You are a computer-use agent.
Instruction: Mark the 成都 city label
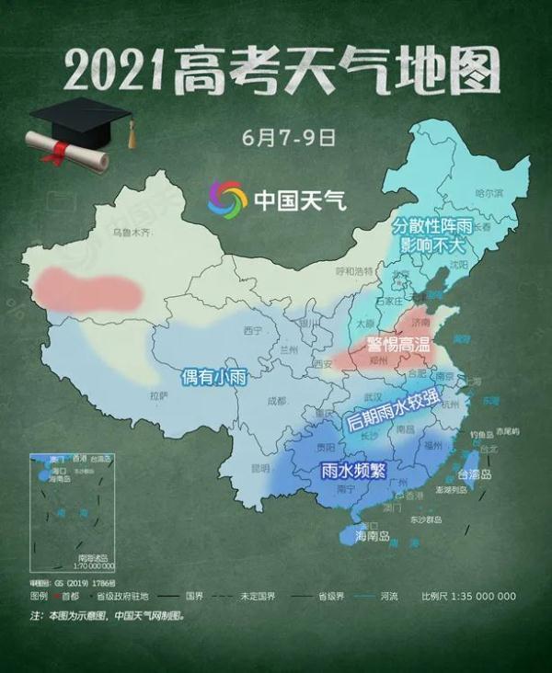[275, 401]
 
